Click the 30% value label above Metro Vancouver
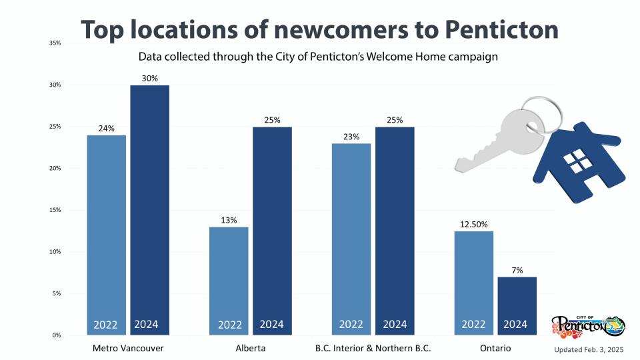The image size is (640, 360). point(149,78)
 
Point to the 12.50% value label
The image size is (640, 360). point(473,224)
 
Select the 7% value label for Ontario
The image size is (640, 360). point(517,270)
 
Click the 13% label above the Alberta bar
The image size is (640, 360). point(229,220)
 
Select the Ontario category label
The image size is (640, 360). point(495,349)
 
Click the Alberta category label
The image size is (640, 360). point(250,349)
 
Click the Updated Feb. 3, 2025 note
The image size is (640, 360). point(589,349)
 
